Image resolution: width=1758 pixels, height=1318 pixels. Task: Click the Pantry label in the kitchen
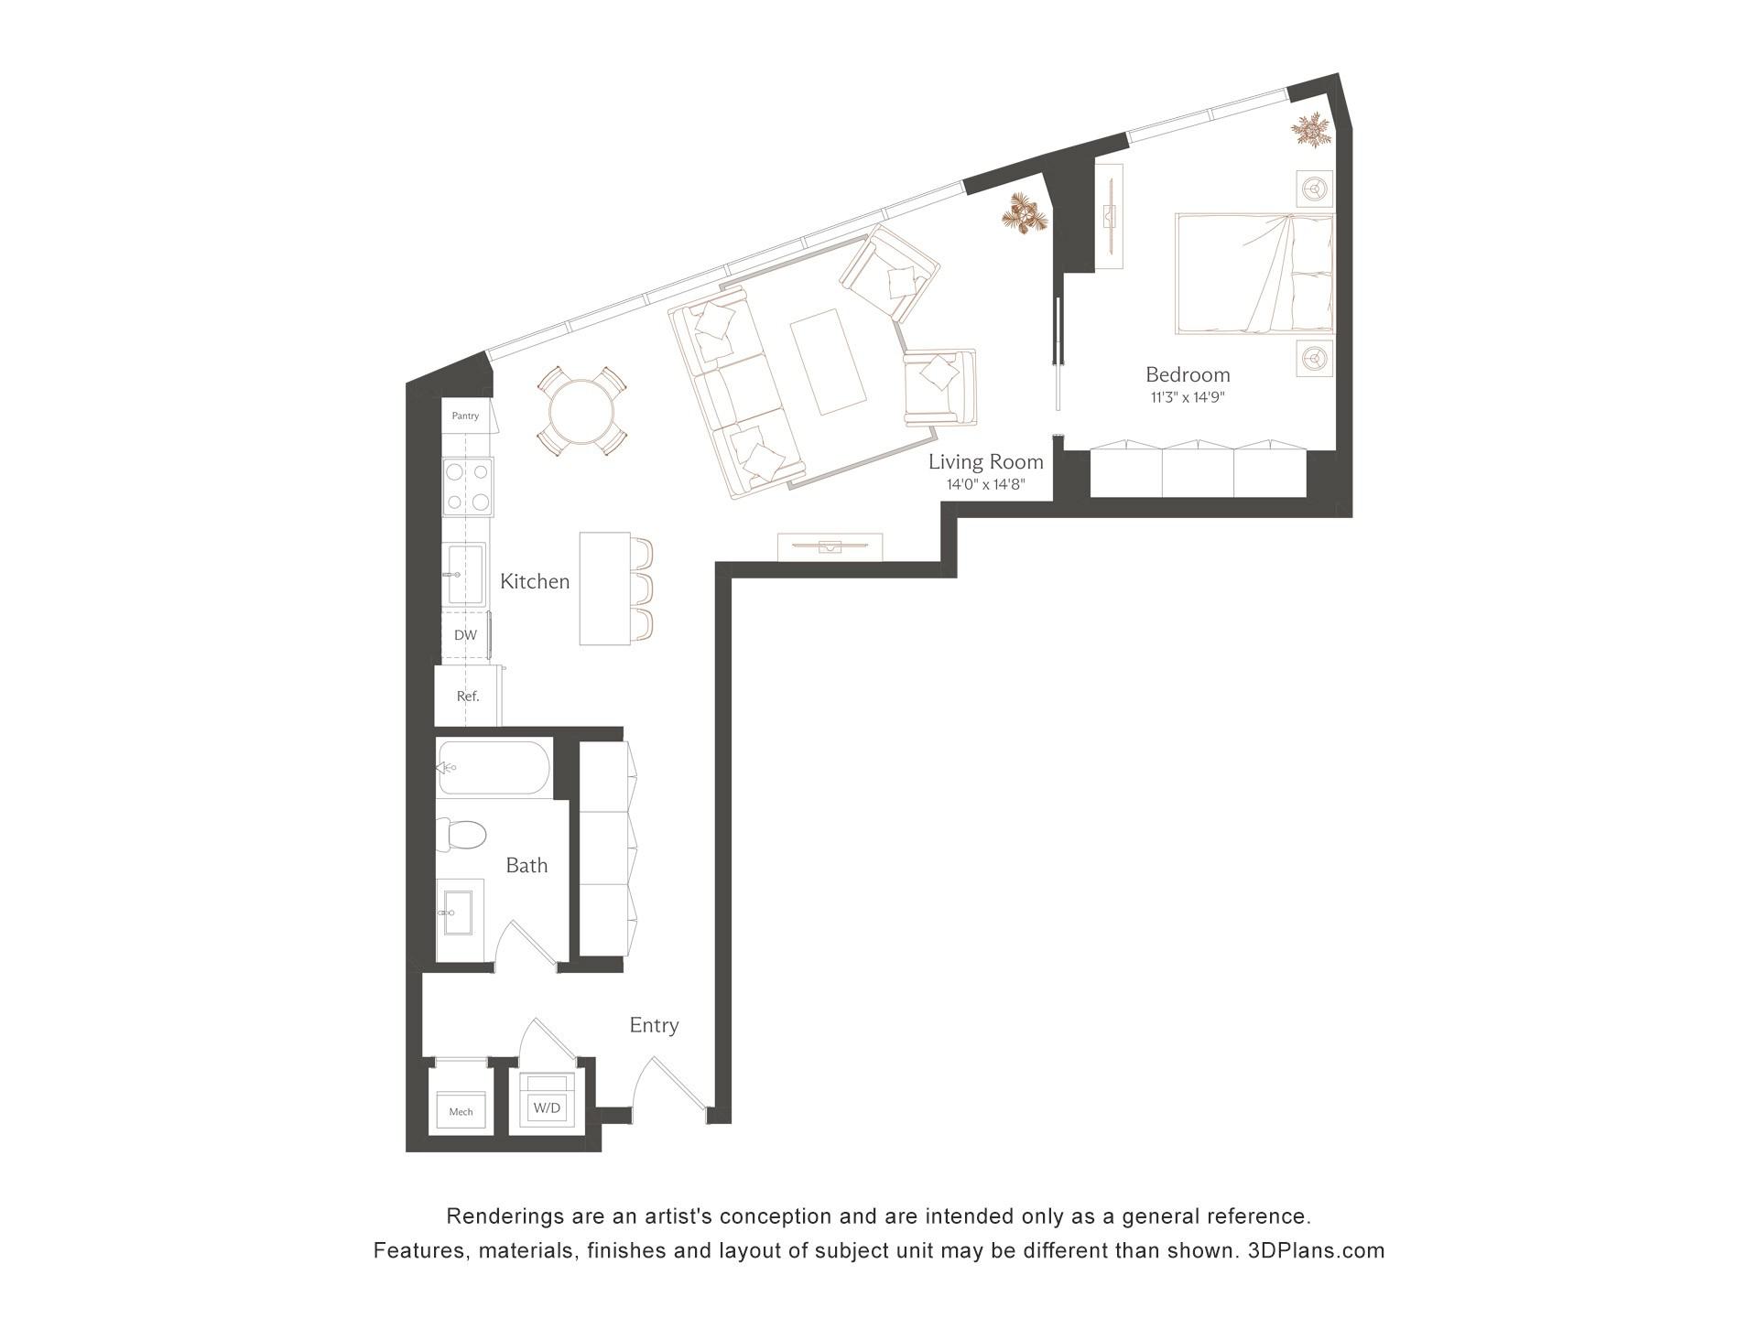[x=465, y=416]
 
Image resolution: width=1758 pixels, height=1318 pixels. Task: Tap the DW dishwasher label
[x=465, y=635]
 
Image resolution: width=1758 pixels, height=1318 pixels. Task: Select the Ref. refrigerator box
[x=468, y=696]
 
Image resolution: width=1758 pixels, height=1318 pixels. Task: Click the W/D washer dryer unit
[x=547, y=1107]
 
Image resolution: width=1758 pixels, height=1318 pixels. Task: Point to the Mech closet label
[x=461, y=1112]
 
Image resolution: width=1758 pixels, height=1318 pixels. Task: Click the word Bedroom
[x=1188, y=374]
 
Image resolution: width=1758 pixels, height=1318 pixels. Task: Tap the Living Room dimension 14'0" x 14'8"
[x=985, y=485]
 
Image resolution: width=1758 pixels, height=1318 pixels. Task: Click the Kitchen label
[x=535, y=581]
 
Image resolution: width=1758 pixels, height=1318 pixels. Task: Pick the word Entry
[x=654, y=1025]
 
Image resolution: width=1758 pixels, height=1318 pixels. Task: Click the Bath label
[x=526, y=865]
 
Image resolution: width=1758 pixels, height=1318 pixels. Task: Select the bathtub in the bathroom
[x=494, y=767]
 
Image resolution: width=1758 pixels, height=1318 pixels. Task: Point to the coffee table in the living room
[x=828, y=362]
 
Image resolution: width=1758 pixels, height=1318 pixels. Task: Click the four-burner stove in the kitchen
[x=468, y=486]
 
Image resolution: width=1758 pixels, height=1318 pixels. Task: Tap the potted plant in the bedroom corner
[x=1311, y=130]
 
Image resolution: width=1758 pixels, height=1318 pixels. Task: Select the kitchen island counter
[x=604, y=589]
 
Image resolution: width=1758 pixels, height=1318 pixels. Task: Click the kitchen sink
[x=465, y=574]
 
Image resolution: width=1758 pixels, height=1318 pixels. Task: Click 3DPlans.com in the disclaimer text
[x=1316, y=1250]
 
